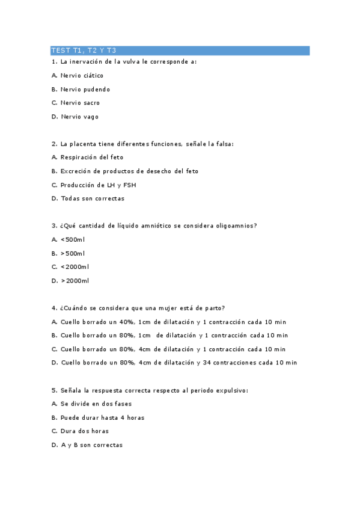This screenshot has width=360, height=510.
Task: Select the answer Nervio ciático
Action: pos(82,76)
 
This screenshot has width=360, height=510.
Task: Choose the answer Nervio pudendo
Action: pos(85,90)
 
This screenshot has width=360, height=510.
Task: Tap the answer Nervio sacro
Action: pos(80,103)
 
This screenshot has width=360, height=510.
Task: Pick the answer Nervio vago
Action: pos(79,117)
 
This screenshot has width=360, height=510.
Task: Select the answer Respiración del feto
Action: pos(91,158)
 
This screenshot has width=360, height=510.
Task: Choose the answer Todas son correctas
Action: pos(93,198)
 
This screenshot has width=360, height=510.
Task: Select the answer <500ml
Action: pos(73,239)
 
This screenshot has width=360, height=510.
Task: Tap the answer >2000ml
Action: pos(75,280)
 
